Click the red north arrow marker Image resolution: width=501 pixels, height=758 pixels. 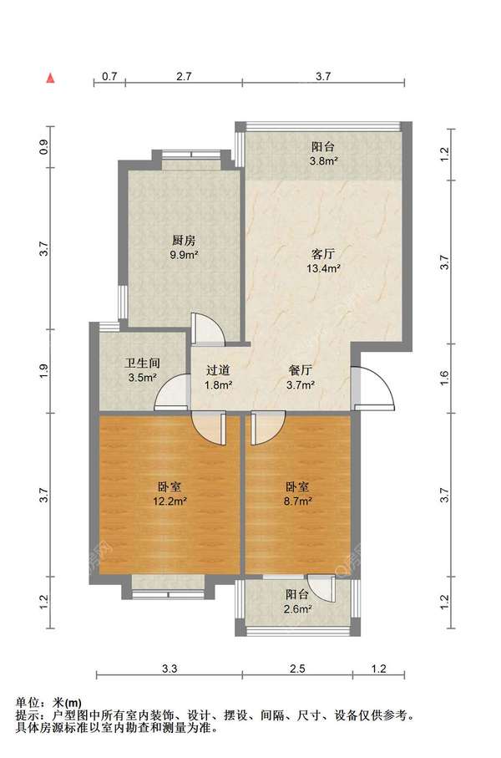click(50, 79)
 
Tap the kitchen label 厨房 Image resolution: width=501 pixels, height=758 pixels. click(184, 240)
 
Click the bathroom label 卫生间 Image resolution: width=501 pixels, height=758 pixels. click(142, 363)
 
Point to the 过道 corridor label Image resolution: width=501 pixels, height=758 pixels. click(218, 370)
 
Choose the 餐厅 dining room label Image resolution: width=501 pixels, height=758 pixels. click(300, 370)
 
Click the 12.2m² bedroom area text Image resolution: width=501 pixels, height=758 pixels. click(170, 501)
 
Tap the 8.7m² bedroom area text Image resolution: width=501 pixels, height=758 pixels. click(297, 501)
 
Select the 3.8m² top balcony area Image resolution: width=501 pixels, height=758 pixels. click(323, 161)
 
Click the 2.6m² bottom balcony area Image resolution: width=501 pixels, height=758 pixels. click(297, 609)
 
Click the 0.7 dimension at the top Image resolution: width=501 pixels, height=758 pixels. click(109, 76)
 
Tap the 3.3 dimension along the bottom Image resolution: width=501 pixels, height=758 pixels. click(170, 669)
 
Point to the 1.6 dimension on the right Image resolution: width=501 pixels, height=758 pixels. click(445, 378)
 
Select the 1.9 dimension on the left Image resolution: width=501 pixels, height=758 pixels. click(44, 371)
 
